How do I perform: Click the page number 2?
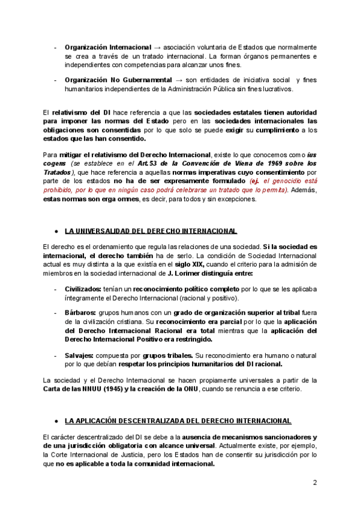(314, 483)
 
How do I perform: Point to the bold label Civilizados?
(83, 289)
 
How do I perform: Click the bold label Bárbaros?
(80, 313)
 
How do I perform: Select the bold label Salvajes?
(81, 355)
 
